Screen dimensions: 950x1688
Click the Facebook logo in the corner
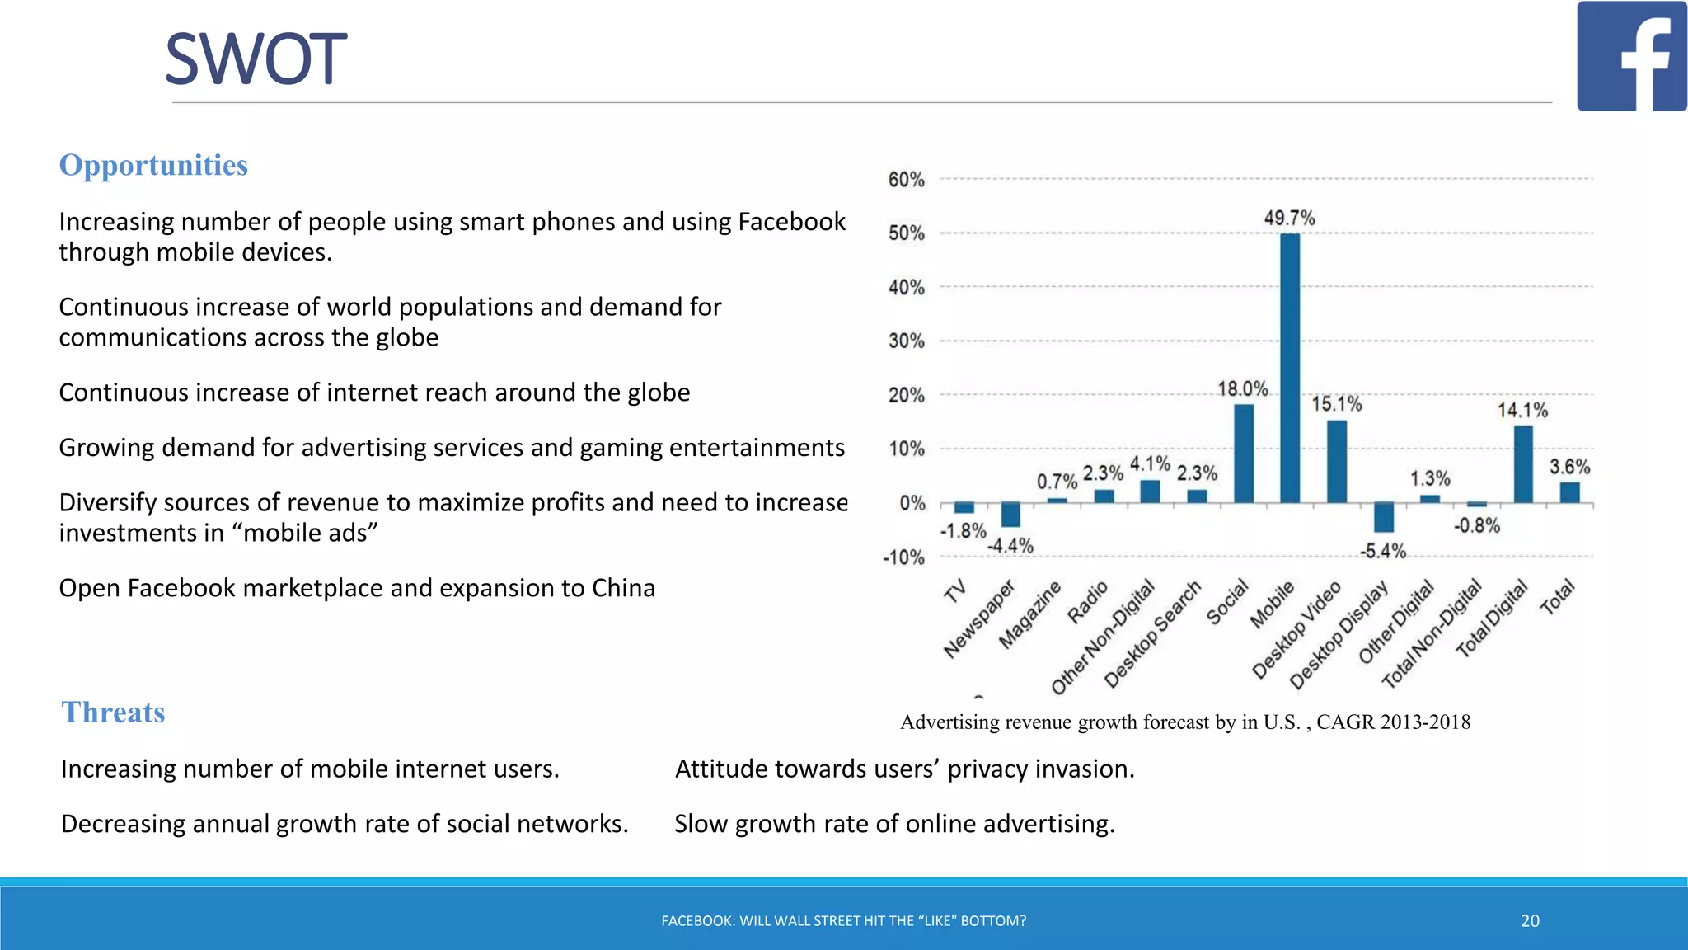pos(1631,56)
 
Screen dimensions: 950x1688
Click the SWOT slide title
pos(256,59)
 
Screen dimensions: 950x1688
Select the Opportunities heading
pos(153,165)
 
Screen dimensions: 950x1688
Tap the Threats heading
pos(113,712)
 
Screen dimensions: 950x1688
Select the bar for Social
pos(1244,453)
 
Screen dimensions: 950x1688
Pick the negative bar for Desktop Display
pos(1384,517)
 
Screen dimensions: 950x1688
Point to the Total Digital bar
pos(1523,464)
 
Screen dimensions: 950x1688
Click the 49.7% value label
pos(1290,219)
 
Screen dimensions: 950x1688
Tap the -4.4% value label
pos(1010,546)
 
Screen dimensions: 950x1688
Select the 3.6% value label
pos(1570,467)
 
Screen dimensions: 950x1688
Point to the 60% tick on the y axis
pos(907,180)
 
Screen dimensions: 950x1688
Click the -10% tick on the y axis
pos(904,557)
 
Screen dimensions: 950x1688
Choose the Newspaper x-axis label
pos(979,618)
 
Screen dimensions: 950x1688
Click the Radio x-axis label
pos(1088,602)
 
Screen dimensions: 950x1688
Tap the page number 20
pos(1530,921)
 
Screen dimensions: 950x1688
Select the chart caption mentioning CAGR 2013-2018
pos(1185,722)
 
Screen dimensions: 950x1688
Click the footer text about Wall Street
pos(844,921)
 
